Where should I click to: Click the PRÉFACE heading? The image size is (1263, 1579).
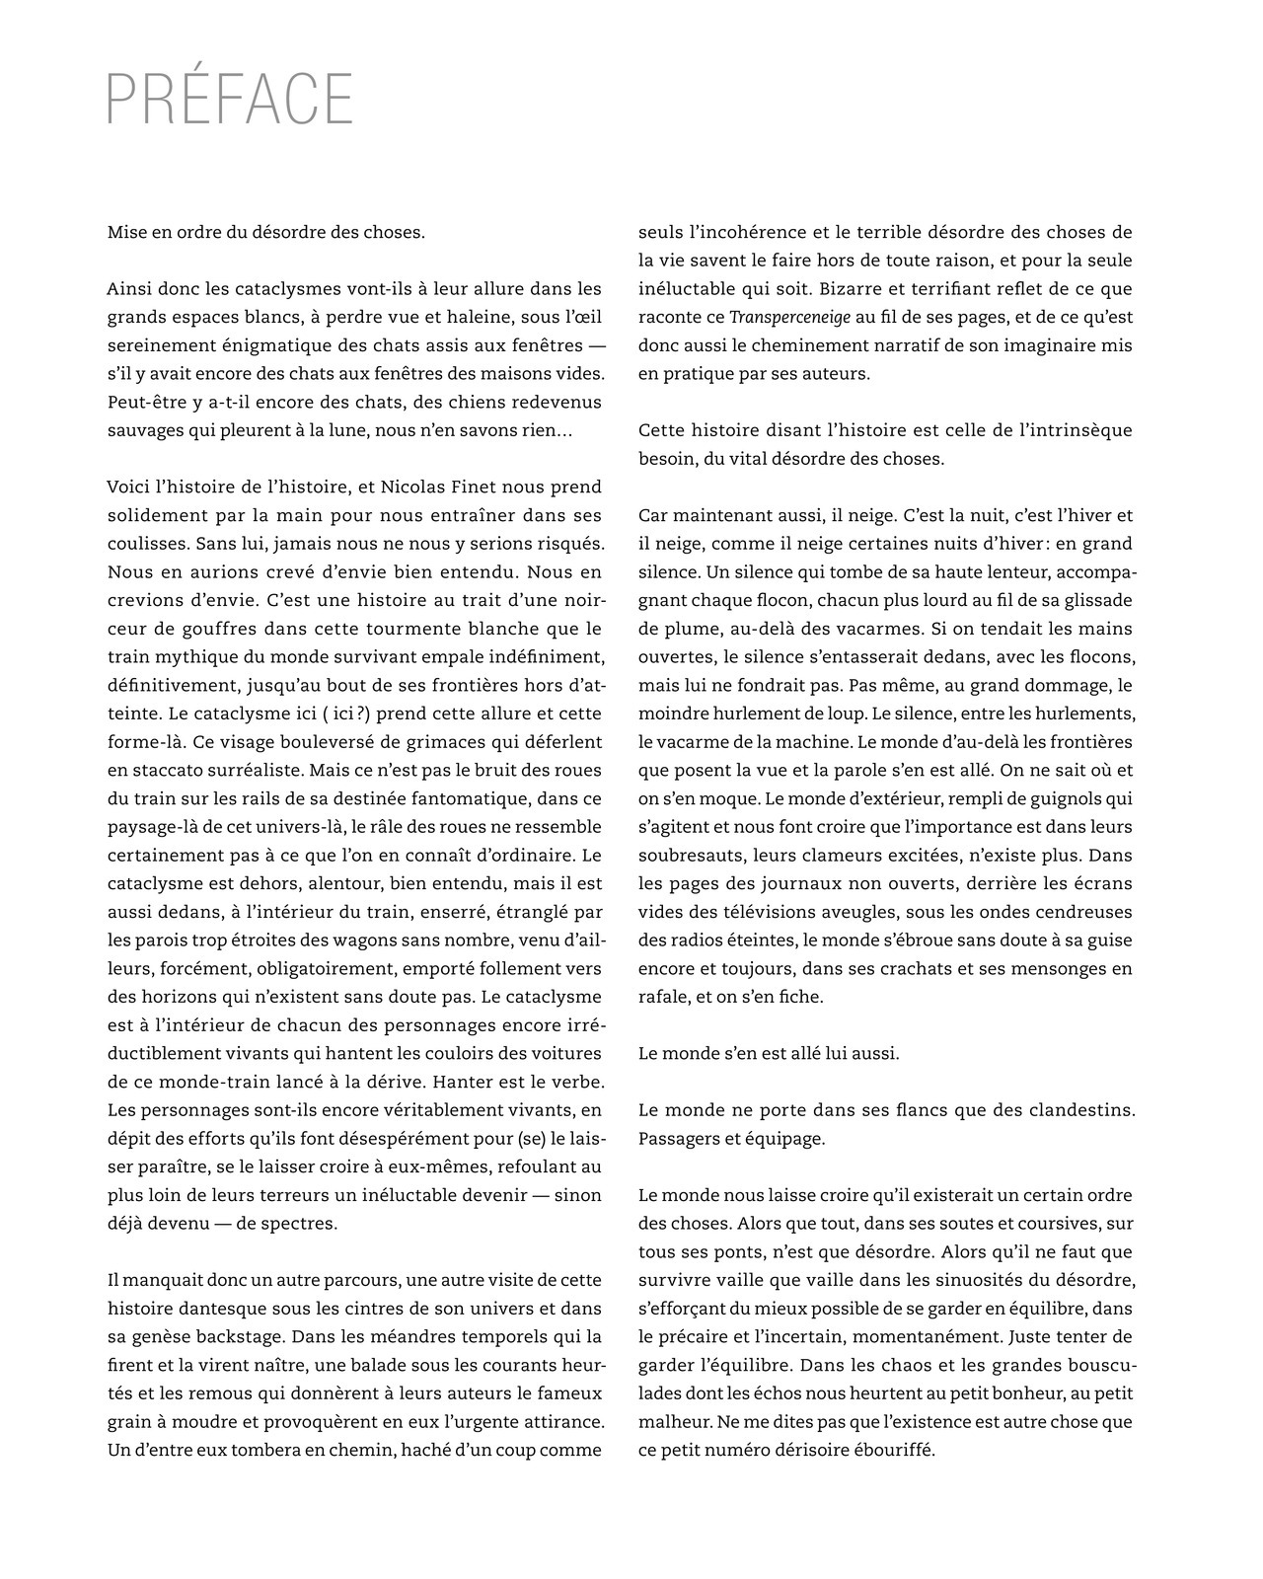229,99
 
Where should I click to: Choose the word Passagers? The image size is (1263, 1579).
677,1139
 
